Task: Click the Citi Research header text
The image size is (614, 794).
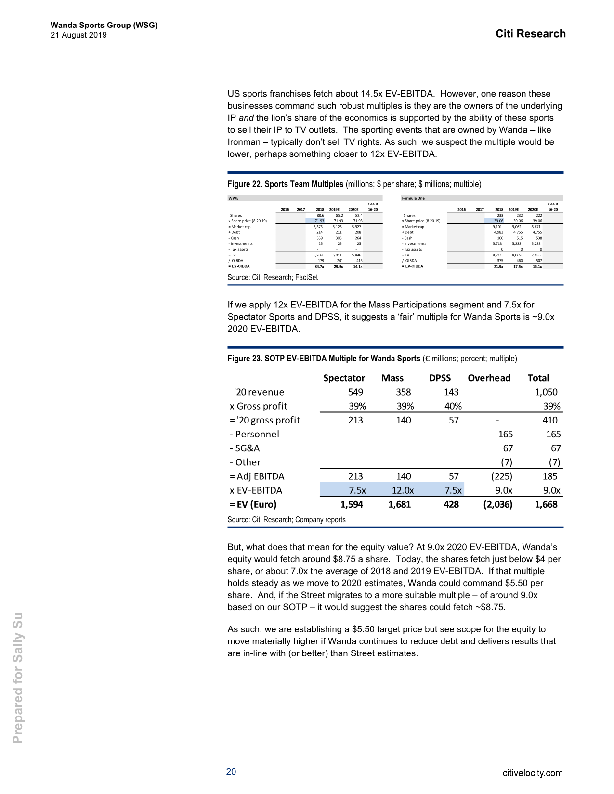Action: click(x=530, y=34)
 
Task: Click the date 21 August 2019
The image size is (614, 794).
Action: click(x=78, y=35)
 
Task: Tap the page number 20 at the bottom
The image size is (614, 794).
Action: click(x=231, y=772)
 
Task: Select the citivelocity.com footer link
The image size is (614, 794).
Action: click(x=532, y=773)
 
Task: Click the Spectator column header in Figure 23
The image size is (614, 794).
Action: click(x=344, y=378)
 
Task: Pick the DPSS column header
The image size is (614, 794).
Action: click(x=440, y=378)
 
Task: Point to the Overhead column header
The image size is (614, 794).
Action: click(x=489, y=378)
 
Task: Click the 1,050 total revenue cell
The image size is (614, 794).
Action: click(x=546, y=392)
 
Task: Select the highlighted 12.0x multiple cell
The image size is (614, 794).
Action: click(x=402, y=490)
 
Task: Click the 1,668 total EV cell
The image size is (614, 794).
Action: click(x=546, y=504)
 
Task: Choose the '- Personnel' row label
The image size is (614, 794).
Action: click(x=254, y=434)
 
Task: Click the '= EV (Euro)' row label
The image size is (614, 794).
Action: click(x=253, y=504)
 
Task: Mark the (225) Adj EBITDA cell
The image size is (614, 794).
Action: click(x=501, y=476)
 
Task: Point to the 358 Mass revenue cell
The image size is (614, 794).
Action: click(x=403, y=392)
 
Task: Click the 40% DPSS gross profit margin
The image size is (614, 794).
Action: click(x=453, y=406)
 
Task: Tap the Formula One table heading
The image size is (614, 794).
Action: click(x=413, y=198)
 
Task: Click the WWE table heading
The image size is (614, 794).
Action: click(x=233, y=198)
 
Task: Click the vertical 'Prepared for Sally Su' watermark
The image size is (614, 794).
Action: click(x=18, y=678)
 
